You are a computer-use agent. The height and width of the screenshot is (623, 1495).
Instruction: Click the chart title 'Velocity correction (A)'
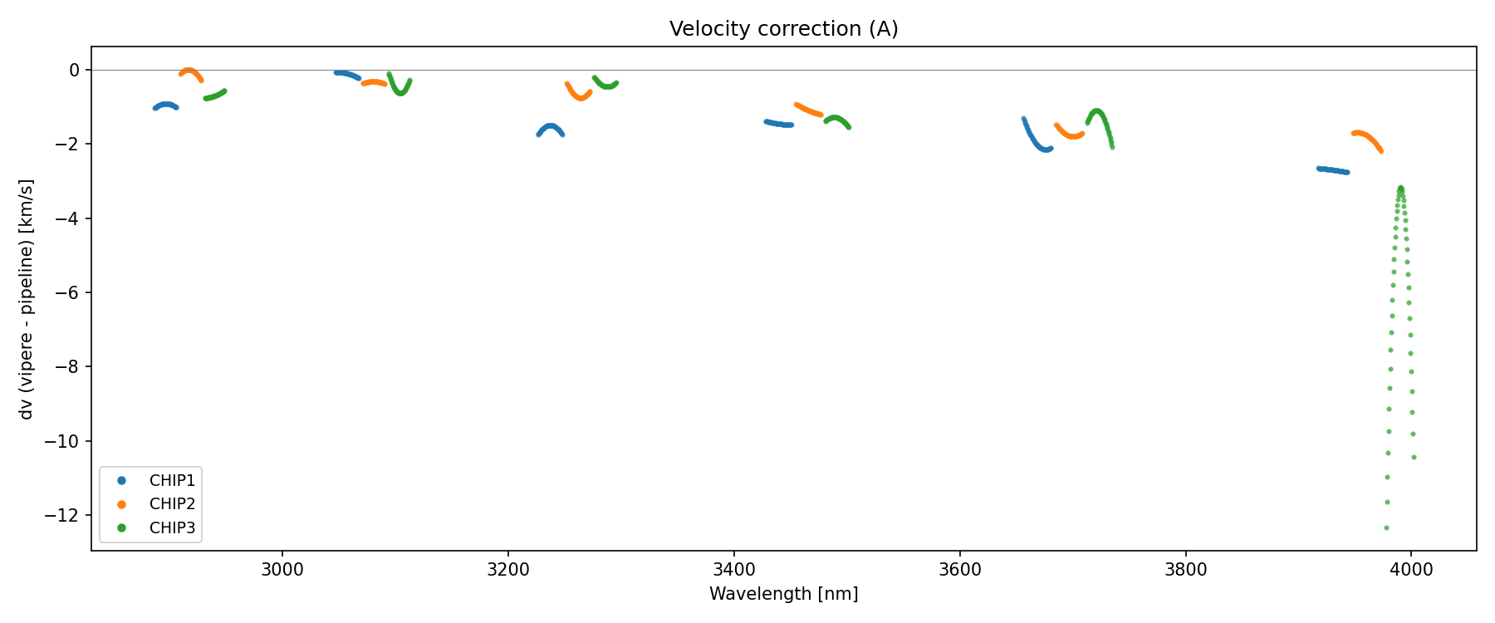[783, 29]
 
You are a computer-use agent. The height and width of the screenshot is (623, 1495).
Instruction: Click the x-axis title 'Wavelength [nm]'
[783, 594]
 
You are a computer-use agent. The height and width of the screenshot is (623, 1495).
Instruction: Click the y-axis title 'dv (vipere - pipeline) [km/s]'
[27, 299]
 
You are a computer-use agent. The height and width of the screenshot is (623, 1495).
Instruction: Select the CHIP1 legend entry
[172, 480]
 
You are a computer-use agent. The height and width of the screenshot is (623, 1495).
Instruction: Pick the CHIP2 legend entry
[172, 503]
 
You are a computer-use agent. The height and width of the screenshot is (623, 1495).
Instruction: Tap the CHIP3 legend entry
[172, 527]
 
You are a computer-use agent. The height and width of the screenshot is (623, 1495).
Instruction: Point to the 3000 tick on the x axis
[282, 570]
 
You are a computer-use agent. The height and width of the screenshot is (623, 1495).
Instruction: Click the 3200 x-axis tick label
[508, 570]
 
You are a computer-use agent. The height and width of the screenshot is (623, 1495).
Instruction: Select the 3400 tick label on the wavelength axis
[734, 570]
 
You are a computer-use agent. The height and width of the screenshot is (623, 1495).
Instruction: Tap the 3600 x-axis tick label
[959, 570]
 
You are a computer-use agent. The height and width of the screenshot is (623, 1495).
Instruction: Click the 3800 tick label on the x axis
[1185, 570]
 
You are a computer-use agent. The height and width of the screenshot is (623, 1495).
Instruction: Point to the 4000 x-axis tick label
[1411, 570]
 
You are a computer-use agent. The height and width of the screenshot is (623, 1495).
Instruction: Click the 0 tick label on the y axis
[75, 71]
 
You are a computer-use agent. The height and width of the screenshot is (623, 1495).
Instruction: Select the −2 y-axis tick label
[69, 145]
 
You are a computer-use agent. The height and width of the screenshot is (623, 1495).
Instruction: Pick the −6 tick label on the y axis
[69, 293]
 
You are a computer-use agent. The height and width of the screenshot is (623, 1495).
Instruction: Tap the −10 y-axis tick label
[66, 441]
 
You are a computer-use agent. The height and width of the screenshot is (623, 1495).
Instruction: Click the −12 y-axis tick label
[66, 516]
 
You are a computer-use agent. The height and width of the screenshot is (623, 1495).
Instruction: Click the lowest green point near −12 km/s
[1386, 527]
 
